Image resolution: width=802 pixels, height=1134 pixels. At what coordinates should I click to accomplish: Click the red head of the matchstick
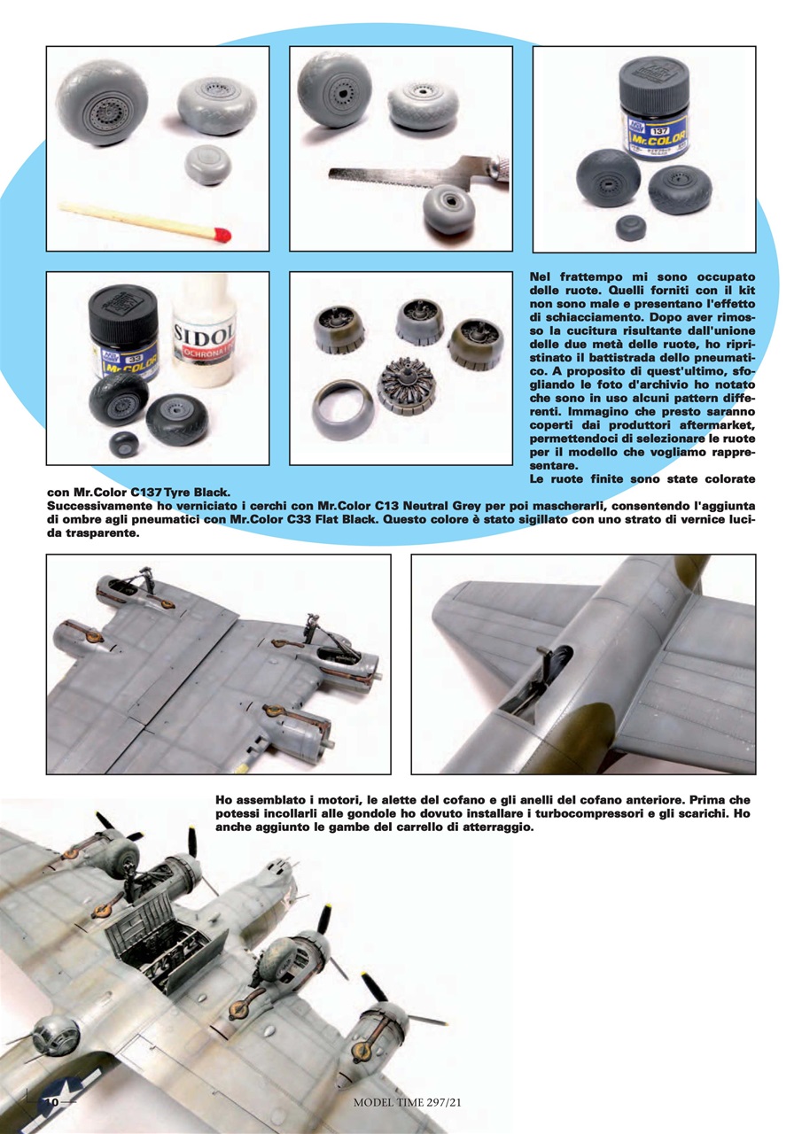(x=222, y=236)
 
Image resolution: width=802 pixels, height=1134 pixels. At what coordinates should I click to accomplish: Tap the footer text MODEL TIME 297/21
(x=408, y=1102)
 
